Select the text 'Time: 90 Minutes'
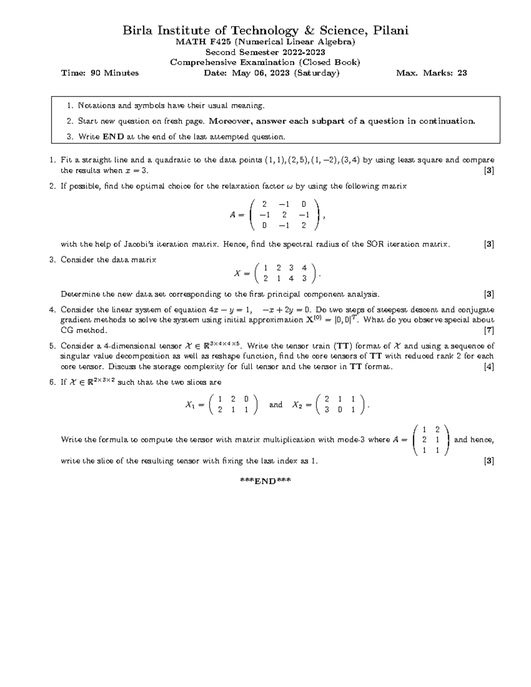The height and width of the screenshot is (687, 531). (x=100, y=73)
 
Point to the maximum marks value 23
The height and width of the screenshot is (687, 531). (x=462, y=73)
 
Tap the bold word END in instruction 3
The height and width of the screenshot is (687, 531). (x=113, y=137)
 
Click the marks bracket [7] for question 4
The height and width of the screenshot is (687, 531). (x=489, y=330)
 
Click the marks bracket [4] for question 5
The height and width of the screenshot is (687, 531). (x=489, y=366)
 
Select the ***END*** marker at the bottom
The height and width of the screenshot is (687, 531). (x=265, y=481)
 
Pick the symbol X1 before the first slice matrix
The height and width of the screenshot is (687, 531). (x=190, y=405)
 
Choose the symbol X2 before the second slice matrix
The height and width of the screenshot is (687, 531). (x=297, y=405)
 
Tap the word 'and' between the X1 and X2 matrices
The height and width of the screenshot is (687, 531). (x=276, y=405)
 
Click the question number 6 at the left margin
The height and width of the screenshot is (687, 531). (x=52, y=382)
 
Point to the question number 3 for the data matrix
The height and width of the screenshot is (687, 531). (x=52, y=260)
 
